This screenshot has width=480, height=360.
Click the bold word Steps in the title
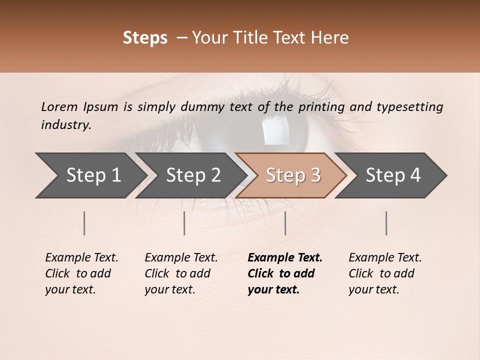point(145,38)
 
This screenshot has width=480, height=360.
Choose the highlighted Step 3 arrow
point(291,175)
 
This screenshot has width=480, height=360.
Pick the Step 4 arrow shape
point(391,175)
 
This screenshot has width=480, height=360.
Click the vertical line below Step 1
point(84,223)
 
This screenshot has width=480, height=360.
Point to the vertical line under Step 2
point(184,223)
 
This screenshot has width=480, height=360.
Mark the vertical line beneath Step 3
point(285,223)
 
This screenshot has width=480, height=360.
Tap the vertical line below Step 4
point(386,223)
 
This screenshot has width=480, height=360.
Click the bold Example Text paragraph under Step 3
point(284,273)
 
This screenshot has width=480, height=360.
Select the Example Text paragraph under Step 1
point(81,273)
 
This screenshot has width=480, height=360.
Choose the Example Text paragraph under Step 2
point(181,273)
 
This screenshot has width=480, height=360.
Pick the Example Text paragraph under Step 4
point(385,273)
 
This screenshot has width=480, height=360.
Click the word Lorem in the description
point(59,107)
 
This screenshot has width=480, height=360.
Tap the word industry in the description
point(65,125)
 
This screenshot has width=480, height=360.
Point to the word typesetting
point(409,107)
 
